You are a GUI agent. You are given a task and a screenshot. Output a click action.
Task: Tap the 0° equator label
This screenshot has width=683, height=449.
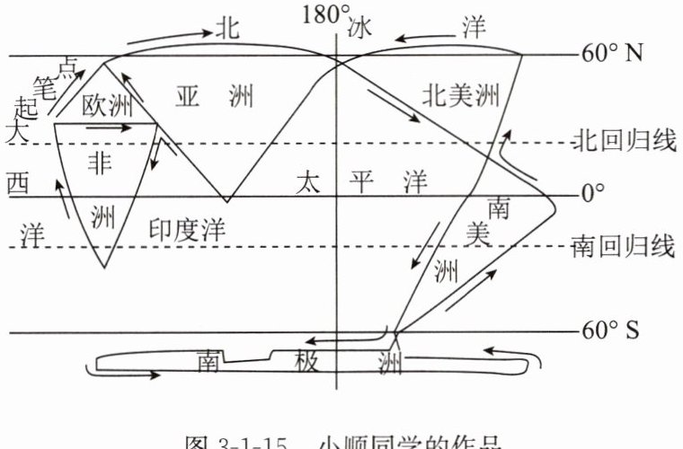[x=592, y=193]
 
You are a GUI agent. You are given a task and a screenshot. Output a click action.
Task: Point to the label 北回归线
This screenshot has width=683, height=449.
[x=623, y=142]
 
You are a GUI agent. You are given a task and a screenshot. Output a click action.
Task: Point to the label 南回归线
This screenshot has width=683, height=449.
[x=623, y=247]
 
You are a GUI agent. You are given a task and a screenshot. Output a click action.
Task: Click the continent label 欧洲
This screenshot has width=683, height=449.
[x=106, y=107]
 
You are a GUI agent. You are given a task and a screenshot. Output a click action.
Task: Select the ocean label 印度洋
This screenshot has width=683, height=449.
[x=185, y=230]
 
